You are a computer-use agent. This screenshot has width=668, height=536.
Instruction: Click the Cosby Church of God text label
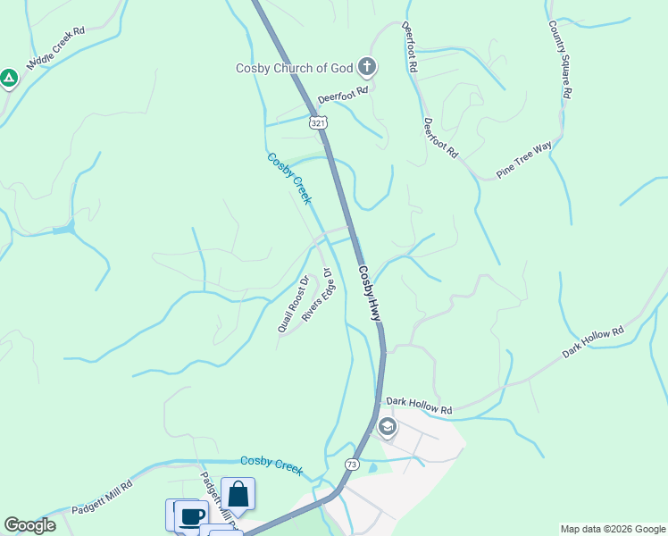pos(295,68)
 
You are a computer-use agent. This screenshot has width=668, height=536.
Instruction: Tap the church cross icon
pos(366,66)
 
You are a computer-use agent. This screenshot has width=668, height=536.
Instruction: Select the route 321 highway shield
pos(319,122)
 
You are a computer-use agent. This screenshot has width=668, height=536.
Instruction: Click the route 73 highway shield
pos(352,465)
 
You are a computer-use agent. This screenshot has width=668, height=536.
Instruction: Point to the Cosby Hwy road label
pos(370,293)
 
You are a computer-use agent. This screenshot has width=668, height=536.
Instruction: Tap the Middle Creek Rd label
pos(55,48)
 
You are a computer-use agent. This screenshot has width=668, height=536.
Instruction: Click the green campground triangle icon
pos(9,79)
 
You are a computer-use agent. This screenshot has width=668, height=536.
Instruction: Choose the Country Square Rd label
pos(560,60)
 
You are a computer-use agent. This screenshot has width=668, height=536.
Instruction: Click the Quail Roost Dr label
pos(293,304)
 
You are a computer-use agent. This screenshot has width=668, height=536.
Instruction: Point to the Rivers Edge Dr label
pos(316,295)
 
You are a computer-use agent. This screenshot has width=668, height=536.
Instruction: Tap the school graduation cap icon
pos(387,426)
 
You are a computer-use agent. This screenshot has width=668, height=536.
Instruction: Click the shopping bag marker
pos(238,494)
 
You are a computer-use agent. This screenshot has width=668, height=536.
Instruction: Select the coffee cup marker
pos(190,516)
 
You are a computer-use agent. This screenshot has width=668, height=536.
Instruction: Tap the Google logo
pos(29,525)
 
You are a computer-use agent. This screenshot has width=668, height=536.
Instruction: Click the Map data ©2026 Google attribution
pos(613,529)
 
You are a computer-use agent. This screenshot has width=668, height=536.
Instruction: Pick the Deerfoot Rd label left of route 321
pos(344,101)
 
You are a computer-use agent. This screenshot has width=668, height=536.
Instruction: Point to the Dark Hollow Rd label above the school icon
pos(419,406)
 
